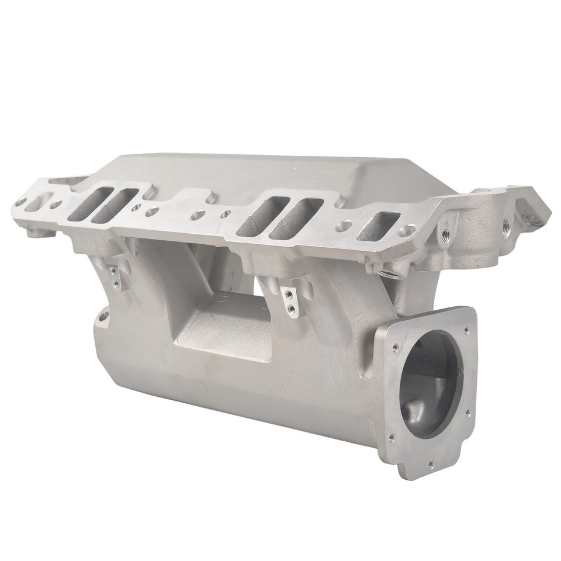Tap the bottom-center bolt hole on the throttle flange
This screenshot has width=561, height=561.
[x=431, y=465]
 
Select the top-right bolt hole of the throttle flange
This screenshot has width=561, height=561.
[x=467, y=330]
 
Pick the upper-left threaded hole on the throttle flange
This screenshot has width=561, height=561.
[x=396, y=348]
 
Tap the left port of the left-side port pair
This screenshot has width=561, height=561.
[x=86, y=204]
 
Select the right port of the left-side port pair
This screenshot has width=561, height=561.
[x=115, y=206]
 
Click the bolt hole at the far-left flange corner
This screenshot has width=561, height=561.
[x=21, y=202]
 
